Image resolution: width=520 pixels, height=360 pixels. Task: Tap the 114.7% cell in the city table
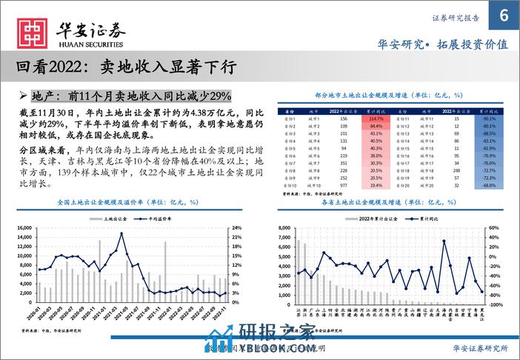[374, 119]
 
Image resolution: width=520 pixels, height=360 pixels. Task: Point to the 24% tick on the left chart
[239, 229]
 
